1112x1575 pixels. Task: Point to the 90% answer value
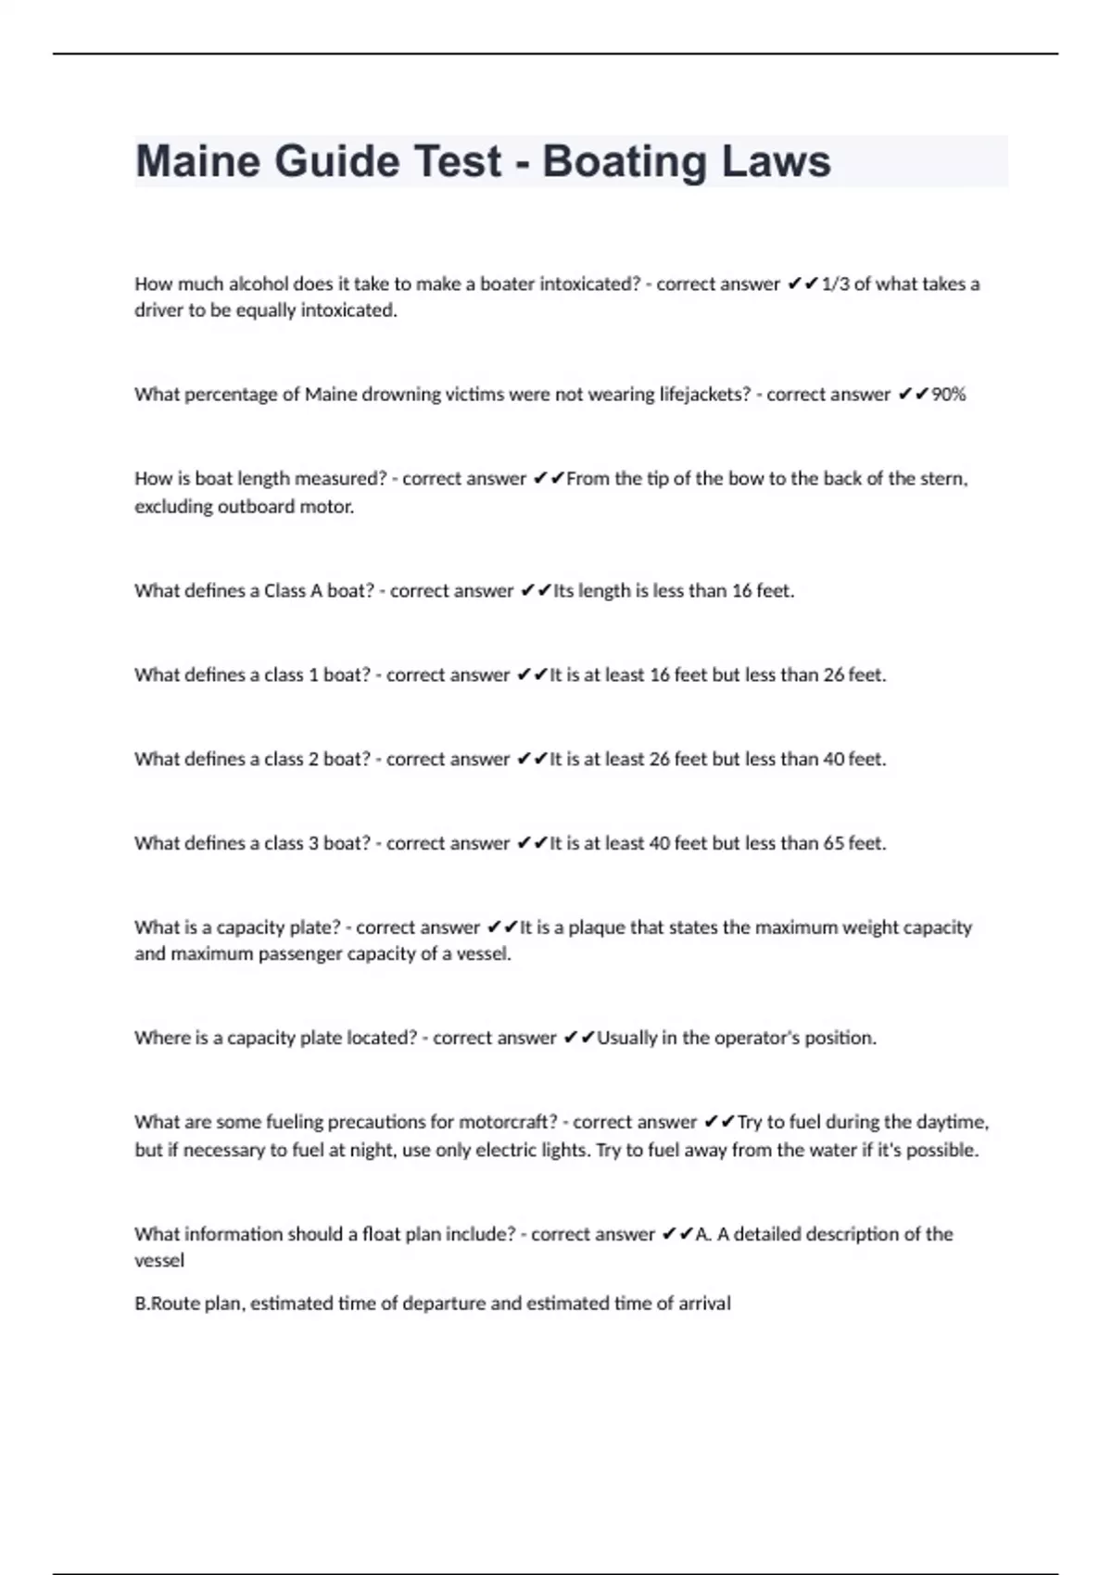pyautogui.click(x=948, y=395)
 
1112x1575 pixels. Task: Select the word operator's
pyautogui.click(x=755, y=1039)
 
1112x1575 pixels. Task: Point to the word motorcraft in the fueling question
pyautogui.click(x=509, y=1123)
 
